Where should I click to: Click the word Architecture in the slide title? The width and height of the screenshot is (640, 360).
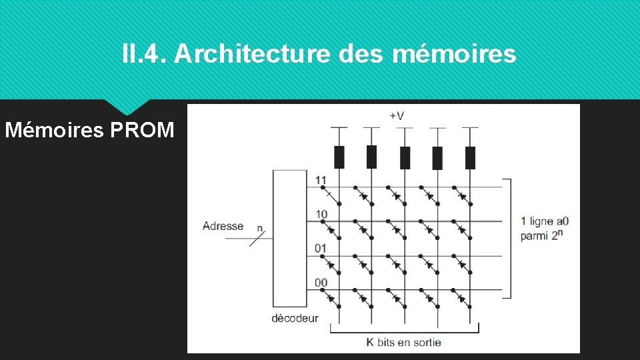pyautogui.click(x=251, y=54)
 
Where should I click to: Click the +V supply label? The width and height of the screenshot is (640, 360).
pyautogui.click(x=396, y=115)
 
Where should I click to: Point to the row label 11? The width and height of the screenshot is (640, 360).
pyautogui.click(x=321, y=180)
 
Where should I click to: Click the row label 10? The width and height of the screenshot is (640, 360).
pyautogui.click(x=321, y=214)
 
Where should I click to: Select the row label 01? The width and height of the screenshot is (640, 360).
pyautogui.click(x=321, y=249)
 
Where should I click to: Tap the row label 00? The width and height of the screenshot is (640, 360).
pyautogui.click(x=321, y=283)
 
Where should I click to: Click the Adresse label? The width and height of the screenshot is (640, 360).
pyautogui.click(x=223, y=226)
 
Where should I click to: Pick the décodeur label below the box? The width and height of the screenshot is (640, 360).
pyautogui.click(x=295, y=319)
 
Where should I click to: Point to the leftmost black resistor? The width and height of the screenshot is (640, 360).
pyautogui.click(x=339, y=157)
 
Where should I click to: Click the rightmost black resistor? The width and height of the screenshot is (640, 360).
pyautogui.click(x=470, y=157)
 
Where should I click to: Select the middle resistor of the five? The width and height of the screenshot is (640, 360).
pyautogui.click(x=405, y=157)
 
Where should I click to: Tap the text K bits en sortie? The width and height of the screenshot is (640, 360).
pyautogui.click(x=403, y=343)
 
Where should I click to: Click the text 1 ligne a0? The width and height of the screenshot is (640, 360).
pyautogui.click(x=545, y=221)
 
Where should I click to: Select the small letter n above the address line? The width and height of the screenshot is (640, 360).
pyautogui.click(x=259, y=227)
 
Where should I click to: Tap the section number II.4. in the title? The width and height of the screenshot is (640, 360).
pyautogui.click(x=144, y=54)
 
